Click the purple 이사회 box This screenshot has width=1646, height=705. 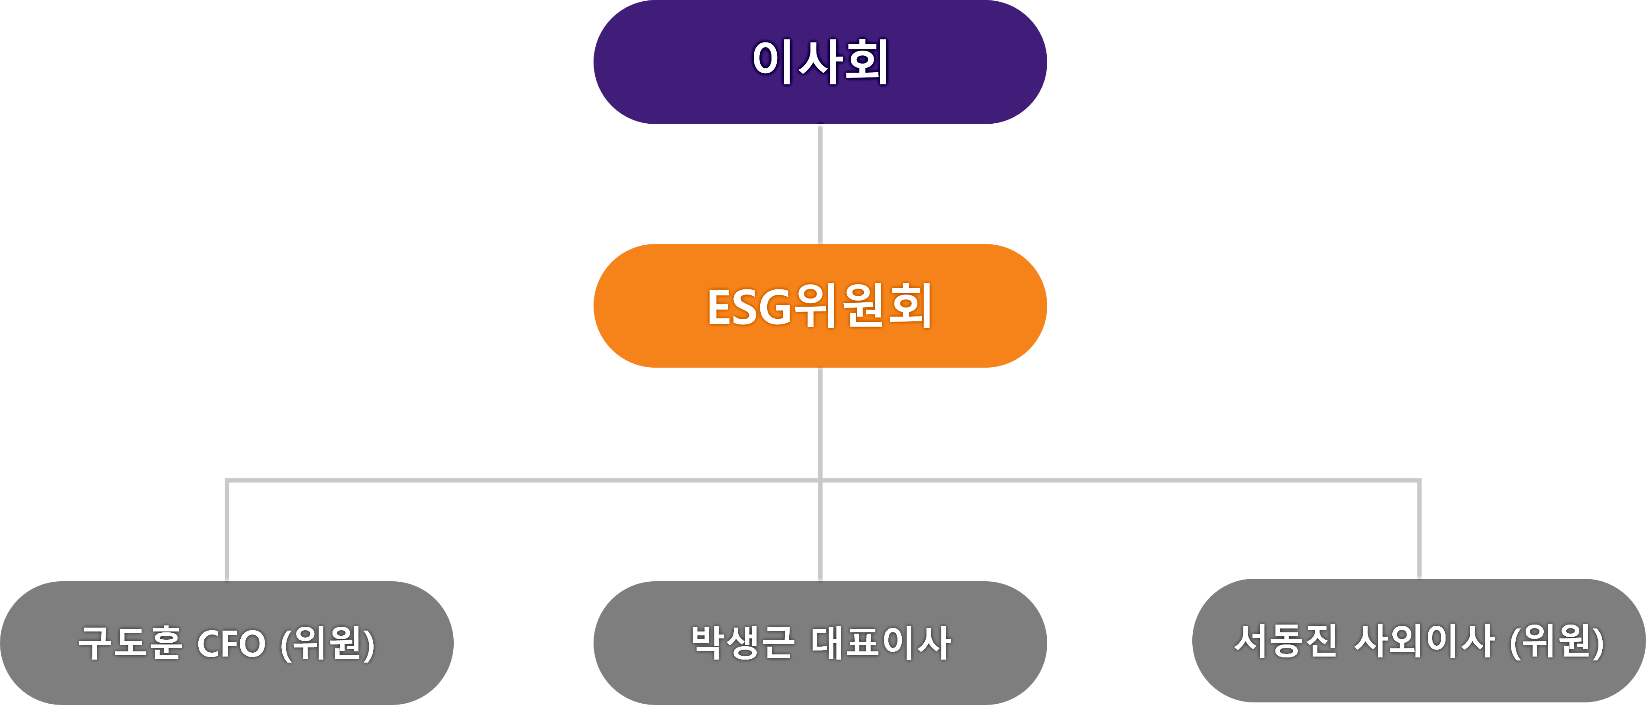tap(820, 62)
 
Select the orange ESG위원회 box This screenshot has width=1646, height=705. tap(820, 306)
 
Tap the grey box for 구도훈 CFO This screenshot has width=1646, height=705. tap(227, 643)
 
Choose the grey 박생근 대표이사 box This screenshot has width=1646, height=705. tap(820, 643)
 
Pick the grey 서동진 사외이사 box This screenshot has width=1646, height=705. tap(1419, 641)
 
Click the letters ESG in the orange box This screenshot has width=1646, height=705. tap(749, 307)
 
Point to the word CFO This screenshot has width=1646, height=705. tap(231, 643)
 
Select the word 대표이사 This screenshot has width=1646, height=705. tap(881, 642)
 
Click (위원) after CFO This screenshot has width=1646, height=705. tap(328, 643)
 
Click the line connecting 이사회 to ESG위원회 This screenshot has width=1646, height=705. tap(820, 184)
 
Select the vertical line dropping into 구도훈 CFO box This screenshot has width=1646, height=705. tap(227, 530)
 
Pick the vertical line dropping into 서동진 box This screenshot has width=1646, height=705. tap(1419, 529)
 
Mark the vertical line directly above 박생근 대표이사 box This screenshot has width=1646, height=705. tap(820, 530)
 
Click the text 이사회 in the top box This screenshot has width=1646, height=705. tap(820, 62)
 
